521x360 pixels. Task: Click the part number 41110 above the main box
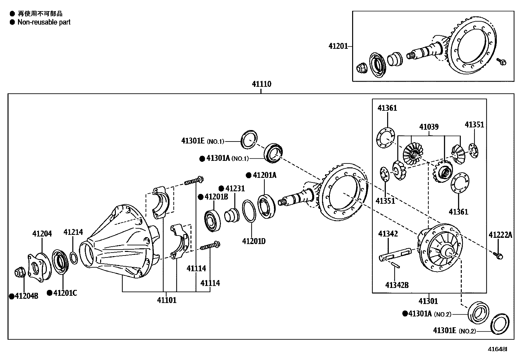(x=261, y=84)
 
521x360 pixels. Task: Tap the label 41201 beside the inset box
(x=338, y=46)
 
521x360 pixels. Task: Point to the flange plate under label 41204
(x=39, y=266)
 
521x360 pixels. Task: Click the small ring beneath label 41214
(x=74, y=257)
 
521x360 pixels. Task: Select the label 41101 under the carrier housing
(x=167, y=300)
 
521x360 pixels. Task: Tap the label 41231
(x=235, y=188)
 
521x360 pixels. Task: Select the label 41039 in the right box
(x=429, y=127)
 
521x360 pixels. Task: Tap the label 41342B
(x=397, y=285)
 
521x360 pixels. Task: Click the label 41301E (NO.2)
(x=454, y=331)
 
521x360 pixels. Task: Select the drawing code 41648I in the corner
(x=497, y=349)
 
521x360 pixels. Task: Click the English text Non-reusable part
(x=44, y=22)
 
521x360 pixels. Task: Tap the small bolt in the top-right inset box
(x=501, y=61)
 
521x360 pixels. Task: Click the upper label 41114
(x=196, y=268)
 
